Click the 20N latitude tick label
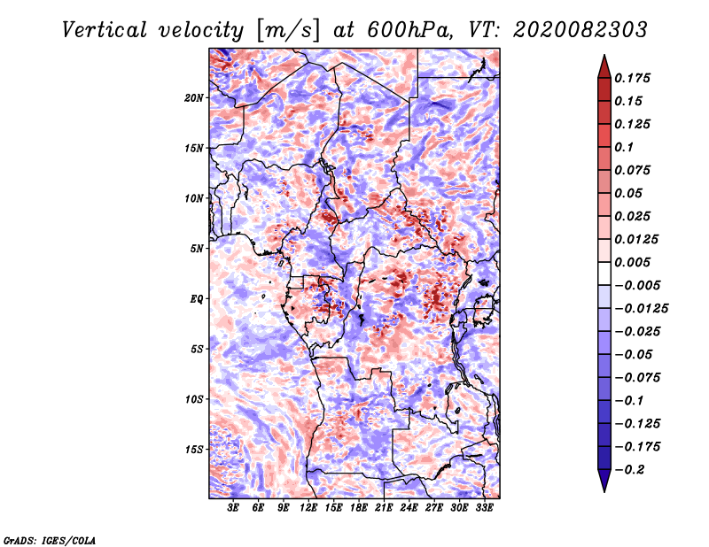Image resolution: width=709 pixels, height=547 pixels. point(194,98)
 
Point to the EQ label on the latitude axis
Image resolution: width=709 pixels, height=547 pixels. point(196,299)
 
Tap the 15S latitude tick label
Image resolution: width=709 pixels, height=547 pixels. point(194,450)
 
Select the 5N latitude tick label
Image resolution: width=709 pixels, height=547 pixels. point(197,249)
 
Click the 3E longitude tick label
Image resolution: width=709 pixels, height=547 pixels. point(233,507)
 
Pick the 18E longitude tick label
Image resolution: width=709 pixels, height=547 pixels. point(359,507)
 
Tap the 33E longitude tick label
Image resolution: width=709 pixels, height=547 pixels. point(484,507)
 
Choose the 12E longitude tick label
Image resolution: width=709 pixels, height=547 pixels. point(308,507)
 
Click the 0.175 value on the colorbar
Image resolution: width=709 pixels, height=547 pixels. point(632,78)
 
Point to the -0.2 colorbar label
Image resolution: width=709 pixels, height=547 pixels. point(629,470)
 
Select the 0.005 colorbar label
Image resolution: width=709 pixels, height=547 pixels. point(632,262)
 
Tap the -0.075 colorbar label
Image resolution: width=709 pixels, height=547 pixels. point(637,378)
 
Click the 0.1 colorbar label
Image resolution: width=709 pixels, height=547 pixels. point(624,147)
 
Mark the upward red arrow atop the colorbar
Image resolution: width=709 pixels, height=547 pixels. point(604,66)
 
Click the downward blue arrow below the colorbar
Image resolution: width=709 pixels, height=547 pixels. point(604,481)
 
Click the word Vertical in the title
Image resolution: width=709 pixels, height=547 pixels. point(104,30)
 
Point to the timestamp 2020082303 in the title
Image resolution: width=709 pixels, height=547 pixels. point(580,30)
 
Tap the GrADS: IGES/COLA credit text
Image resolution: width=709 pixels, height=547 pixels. point(50,540)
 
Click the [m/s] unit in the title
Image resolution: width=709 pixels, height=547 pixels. point(287,31)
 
